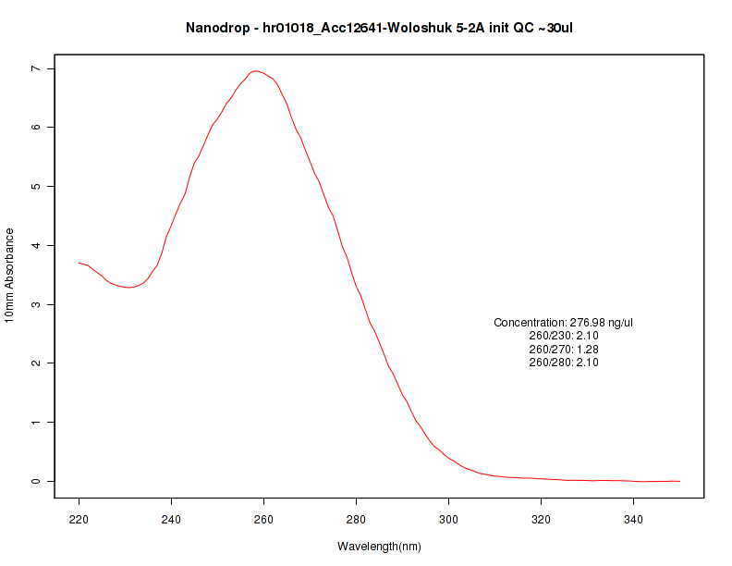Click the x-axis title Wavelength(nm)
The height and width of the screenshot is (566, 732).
pyautogui.click(x=379, y=547)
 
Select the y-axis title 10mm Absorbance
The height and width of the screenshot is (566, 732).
pyautogui.click(x=10, y=275)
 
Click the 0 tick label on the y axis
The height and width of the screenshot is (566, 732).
pyautogui.click(x=34, y=482)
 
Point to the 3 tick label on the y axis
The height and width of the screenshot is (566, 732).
pyautogui.click(x=34, y=304)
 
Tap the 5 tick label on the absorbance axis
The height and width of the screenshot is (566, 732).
pyautogui.click(x=34, y=187)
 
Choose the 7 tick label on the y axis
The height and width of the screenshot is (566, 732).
pyautogui.click(x=34, y=68)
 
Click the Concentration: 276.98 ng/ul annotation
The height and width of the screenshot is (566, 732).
pyautogui.click(x=564, y=323)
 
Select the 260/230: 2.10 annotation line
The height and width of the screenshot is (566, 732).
pyautogui.click(x=564, y=336)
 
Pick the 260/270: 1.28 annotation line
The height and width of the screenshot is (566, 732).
pyautogui.click(x=564, y=350)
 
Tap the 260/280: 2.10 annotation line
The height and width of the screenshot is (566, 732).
pyautogui.click(x=564, y=363)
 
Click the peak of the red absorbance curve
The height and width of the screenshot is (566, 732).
pyautogui.click(x=255, y=70)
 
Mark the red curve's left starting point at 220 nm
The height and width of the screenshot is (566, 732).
pyautogui.click(x=79, y=263)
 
